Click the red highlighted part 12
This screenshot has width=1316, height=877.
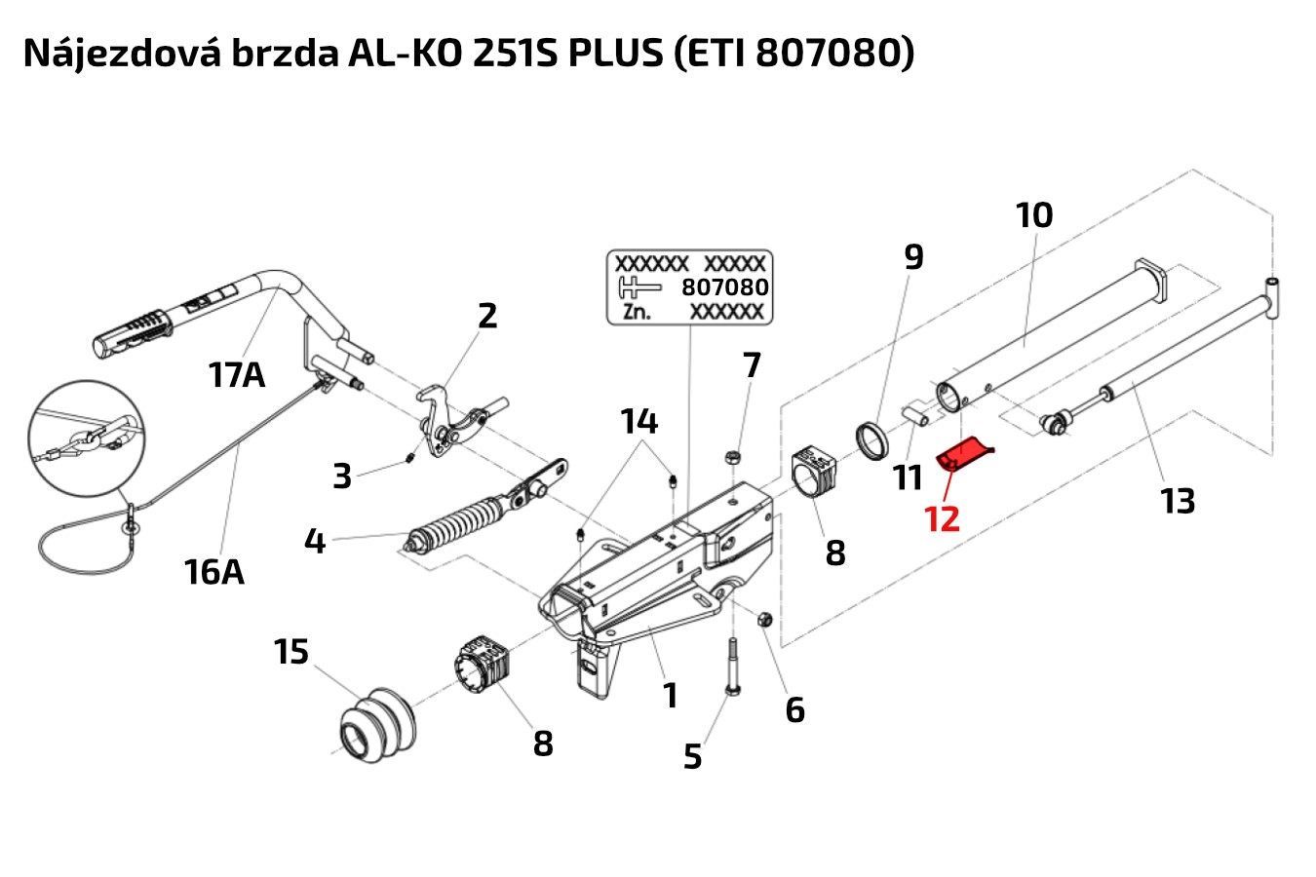pos(963,455)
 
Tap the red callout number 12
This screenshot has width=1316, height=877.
pos(942,519)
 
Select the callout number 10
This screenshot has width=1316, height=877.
pos(1034,215)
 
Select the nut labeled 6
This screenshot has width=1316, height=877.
pos(765,619)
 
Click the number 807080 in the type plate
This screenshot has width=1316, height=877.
pos(724,287)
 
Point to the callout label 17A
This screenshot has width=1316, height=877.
pos(236,373)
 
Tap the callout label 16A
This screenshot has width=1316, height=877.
pos(213,571)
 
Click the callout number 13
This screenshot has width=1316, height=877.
pos(1178,501)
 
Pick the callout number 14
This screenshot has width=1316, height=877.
pos(639,422)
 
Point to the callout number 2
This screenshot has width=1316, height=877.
pos(487,316)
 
